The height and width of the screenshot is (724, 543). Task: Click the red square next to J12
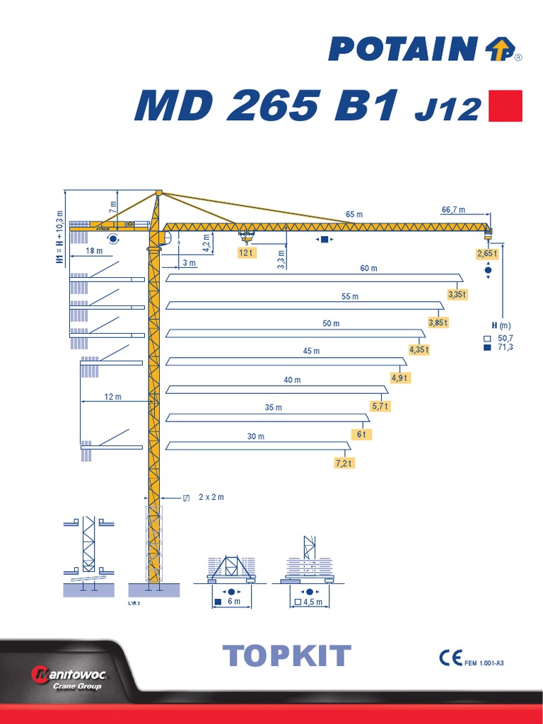click(x=506, y=105)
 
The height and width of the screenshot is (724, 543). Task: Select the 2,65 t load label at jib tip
click(x=487, y=253)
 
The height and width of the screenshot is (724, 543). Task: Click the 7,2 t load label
click(x=344, y=463)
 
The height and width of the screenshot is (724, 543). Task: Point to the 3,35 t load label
click(x=457, y=293)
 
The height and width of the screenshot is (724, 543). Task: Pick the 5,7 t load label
click(x=381, y=406)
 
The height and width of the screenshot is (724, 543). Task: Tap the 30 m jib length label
click(x=255, y=436)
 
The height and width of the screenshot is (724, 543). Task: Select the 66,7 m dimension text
click(x=453, y=209)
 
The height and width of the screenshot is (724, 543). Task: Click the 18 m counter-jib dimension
click(x=93, y=251)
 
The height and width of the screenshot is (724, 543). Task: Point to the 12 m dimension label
click(x=112, y=397)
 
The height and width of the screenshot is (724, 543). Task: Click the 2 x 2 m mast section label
click(x=211, y=497)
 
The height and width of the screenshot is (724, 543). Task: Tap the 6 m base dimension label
click(x=233, y=602)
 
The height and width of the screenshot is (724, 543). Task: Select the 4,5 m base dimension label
click(x=313, y=602)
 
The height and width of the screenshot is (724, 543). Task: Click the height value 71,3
click(x=506, y=348)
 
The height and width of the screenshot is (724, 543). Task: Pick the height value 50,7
click(x=506, y=339)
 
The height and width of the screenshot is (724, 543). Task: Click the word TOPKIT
click(x=286, y=656)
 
